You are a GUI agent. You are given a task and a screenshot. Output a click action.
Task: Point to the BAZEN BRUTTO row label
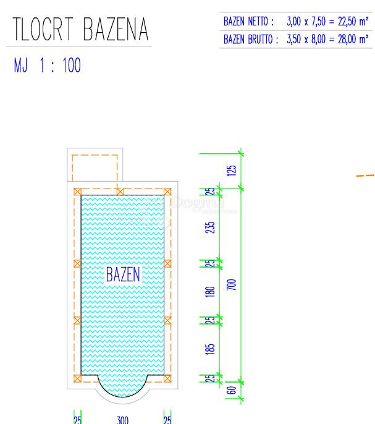click(251, 39)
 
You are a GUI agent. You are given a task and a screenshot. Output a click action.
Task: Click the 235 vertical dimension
click(211, 227)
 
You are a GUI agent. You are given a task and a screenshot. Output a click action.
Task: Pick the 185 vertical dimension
click(211, 349)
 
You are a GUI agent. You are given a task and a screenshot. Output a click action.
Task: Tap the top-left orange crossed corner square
click(77, 192)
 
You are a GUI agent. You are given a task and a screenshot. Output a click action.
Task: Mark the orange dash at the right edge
click(365, 176)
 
